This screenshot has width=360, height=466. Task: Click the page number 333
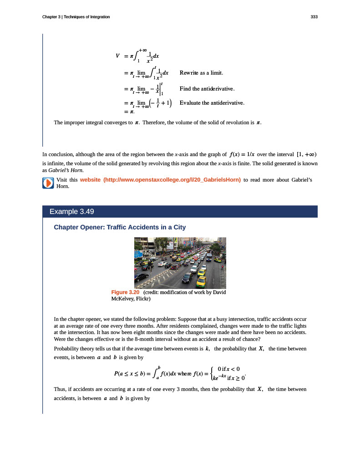314,17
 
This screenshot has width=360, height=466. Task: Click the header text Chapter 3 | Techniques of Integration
76,17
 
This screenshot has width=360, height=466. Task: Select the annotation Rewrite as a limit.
201,73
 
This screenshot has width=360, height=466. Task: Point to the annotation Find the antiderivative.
207,88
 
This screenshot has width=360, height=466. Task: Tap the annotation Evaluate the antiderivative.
212,103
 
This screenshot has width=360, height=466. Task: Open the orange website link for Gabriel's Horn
160,180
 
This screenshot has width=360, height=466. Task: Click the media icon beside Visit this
48,183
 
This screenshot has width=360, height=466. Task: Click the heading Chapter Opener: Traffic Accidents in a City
120,227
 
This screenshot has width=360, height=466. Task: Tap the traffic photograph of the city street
180,263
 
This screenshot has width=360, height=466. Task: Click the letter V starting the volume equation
117,56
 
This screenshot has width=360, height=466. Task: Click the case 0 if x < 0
229,369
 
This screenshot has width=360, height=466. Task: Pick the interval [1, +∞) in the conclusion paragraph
306,154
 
